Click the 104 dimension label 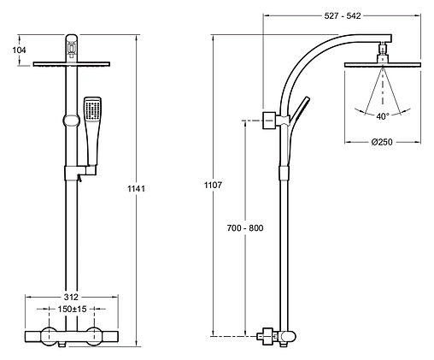[x=19, y=50]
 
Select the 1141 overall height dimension [x=136, y=189]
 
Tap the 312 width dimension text [x=71, y=297]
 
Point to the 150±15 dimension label [x=72, y=309]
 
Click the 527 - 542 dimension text [x=343, y=16]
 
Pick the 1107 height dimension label [x=213, y=185]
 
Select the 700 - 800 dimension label [x=245, y=228]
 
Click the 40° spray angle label [x=382, y=116]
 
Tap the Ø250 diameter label [x=382, y=142]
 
